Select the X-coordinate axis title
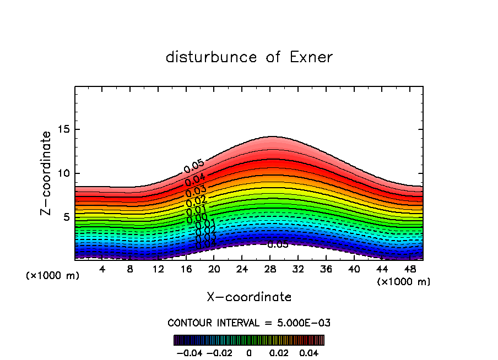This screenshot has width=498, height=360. [249, 297]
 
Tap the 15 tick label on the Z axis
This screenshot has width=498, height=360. [65, 129]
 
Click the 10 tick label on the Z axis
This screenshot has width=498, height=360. [65, 173]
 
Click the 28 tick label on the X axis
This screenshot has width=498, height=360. [270, 270]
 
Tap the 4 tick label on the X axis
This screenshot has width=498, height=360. [102, 270]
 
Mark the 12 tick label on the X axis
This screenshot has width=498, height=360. [158, 270]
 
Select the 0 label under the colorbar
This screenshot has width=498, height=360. [249, 352]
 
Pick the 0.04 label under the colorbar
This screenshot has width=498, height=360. [309, 352]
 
